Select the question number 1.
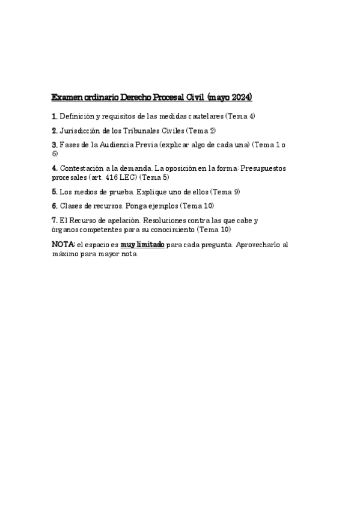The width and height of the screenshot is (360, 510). (x=55, y=115)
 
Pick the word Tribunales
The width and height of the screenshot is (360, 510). (x=144, y=130)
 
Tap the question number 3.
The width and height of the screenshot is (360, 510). (x=55, y=145)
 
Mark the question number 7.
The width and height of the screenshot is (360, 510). (x=55, y=221)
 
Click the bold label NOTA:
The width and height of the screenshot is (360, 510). (x=64, y=245)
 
